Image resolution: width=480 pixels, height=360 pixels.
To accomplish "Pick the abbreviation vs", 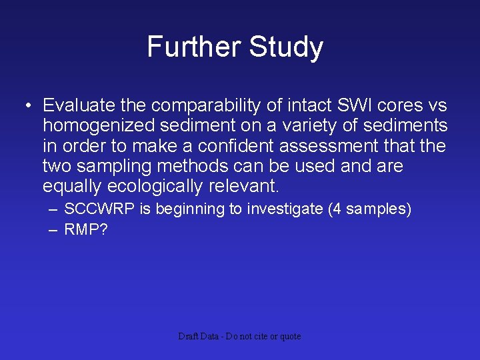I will pos(437,105).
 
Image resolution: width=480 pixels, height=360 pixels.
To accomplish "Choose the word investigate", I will pos(286,209).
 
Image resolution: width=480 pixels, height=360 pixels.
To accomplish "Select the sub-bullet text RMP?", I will pos(85,230).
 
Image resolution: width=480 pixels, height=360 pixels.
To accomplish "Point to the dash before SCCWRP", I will pos(53,209).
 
